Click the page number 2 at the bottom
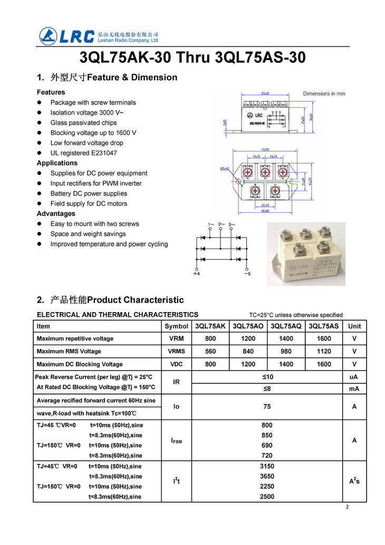click(347, 507)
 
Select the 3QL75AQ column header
click(286, 326)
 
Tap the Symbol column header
click(176, 326)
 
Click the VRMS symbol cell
click(176, 351)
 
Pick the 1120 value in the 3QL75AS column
click(324, 351)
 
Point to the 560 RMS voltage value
click(210, 351)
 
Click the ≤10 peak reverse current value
click(267, 377)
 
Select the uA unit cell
click(354, 377)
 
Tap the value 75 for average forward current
click(267, 407)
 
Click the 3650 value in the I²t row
click(267, 476)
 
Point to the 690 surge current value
click(267, 445)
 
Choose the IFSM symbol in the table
click(176, 440)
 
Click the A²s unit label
click(354, 481)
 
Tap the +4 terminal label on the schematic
click(196, 274)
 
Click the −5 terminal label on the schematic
click(246, 274)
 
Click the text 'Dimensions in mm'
click(324, 93)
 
